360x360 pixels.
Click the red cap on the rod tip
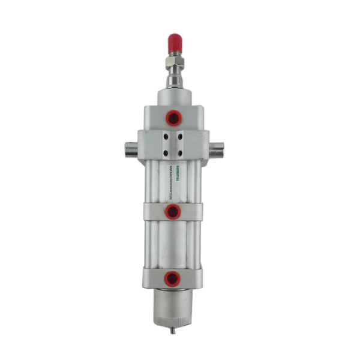click(175, 42)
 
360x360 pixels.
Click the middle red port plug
click(173, 211)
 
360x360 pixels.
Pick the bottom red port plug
click(173, 277)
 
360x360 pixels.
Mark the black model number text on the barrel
click(170, 189)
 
